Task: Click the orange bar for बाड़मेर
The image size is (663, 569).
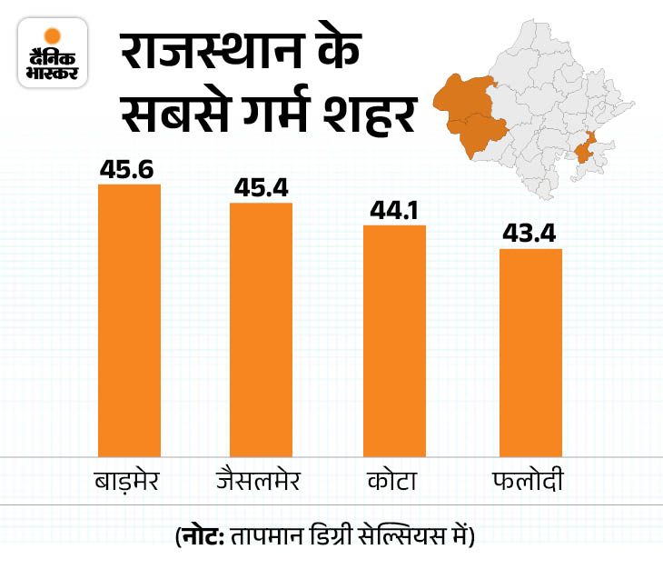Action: [129, 318]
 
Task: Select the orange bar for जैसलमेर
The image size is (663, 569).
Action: [261, 327]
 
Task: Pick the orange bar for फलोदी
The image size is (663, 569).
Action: [531, 350]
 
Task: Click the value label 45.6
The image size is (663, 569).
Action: [129, 169]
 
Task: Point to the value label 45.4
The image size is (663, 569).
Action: [261, 187]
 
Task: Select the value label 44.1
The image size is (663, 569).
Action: [394, 209]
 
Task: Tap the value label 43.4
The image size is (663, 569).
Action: [531, 233]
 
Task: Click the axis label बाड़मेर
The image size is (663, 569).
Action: [128, 478]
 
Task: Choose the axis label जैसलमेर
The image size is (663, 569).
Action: [261, 478]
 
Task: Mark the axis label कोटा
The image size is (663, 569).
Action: [394, 478]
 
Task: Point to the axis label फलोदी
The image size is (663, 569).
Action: [531, 478]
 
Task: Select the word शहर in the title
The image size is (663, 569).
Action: [372, 118]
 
